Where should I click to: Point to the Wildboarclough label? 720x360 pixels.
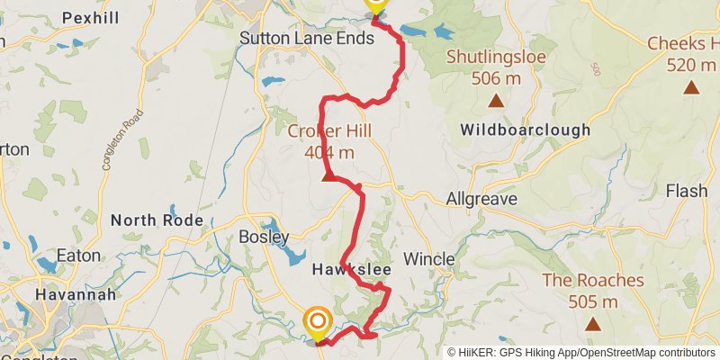pyautogui.click(x=526, y=130)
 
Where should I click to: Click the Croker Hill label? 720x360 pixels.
pyautogui.click(x=329, y=131)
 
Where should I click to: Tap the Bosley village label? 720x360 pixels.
pyautogui.click(x=263, y=238)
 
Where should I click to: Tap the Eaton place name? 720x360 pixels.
pyautogui.click(x=79, y=256)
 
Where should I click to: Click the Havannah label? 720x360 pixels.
pyautogui.click(x=76, y=294)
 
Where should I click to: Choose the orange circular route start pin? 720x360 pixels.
pyautogui.click(x=318, y=321)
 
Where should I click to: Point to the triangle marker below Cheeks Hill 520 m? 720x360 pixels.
pyautogui.click(x=691, y=86)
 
